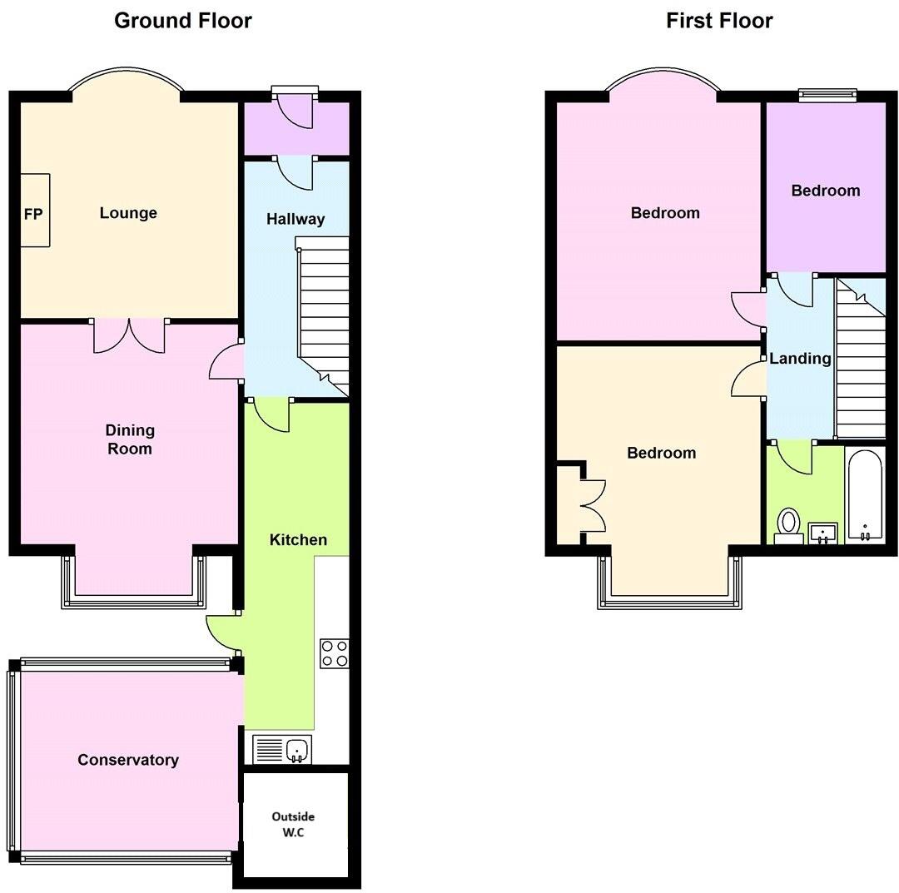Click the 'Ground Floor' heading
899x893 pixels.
(182, 21)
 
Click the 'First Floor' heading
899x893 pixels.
(719, 21)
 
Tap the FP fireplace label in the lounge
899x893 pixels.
(33, 214)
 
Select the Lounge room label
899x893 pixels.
(128, 213)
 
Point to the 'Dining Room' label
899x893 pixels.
(130, 439)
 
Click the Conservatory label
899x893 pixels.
(127, 760)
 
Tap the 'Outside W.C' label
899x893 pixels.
(294, 825)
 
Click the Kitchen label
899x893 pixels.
(298, 540)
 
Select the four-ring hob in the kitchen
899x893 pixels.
(335, 652)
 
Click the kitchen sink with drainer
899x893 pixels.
(282, 750)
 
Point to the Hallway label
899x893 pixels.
(296, 220)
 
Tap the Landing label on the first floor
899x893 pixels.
(800, 359)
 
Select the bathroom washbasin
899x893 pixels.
(823, 533)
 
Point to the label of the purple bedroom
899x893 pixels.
(825, 191)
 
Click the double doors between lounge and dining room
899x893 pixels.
(129, 335)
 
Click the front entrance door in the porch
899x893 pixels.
(296, 108)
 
